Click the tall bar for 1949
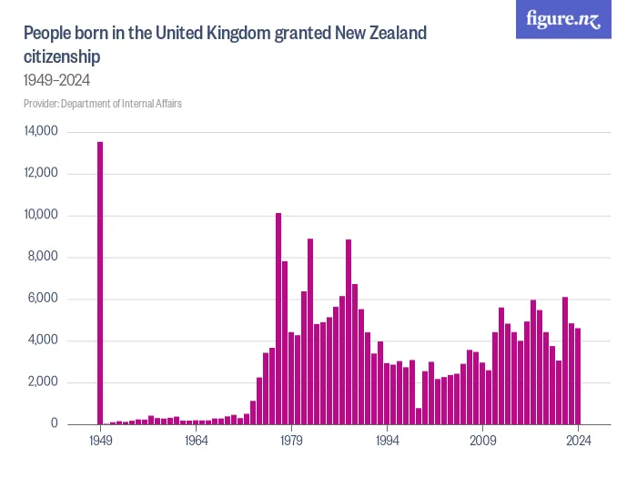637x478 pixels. coord(100,283)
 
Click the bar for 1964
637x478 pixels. coord(196,422)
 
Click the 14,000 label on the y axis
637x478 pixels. coord(41,132)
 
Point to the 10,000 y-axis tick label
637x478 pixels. coord(41,216)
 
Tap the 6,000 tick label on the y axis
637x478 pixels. coord(44,300)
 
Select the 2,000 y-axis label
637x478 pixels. coord(44,382)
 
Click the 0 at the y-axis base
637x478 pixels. coord(54,424)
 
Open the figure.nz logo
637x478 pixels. coord(563,20)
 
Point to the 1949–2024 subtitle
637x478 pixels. coord(56,80)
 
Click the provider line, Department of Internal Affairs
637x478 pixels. coord(103,104)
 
